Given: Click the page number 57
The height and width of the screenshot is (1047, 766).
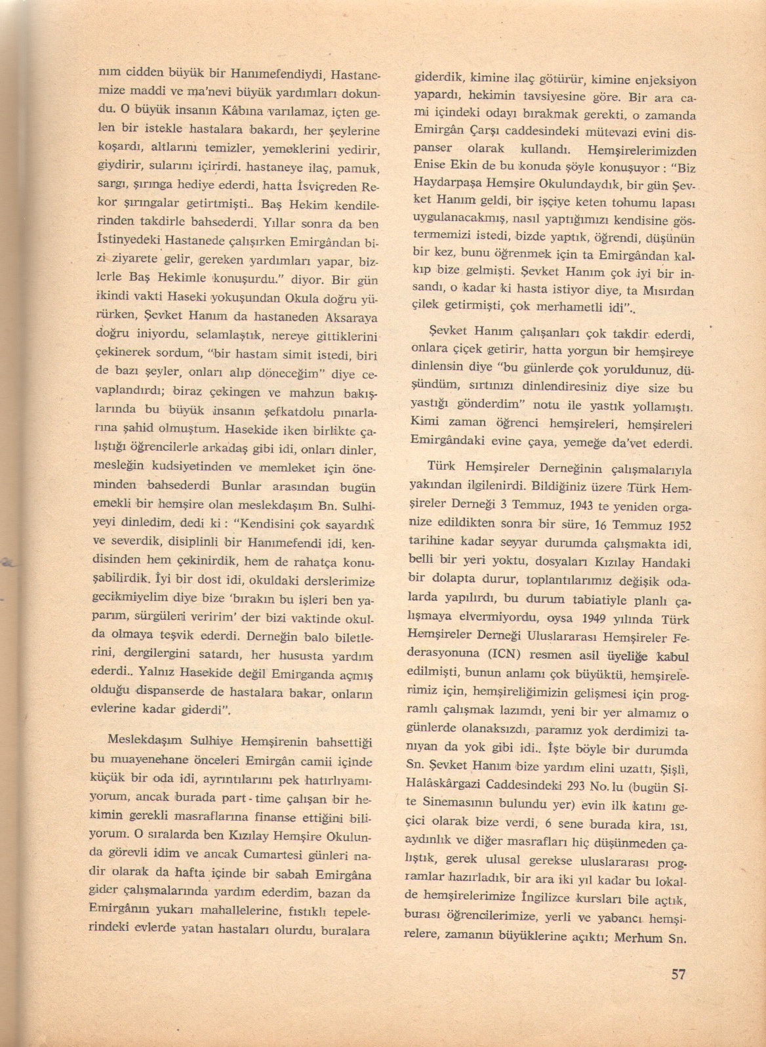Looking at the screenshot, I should pos(678,974).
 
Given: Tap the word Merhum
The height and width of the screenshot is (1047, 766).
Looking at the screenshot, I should pos(637,937).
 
